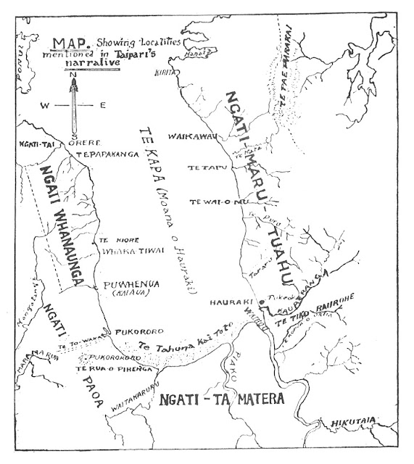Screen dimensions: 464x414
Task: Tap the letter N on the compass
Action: pyautogui.click(x=73, y=73)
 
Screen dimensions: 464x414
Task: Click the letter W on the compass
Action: pyautogui.click(x=45, y=106)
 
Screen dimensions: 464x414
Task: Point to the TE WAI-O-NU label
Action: pyautogui.click(x=210, y=202)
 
